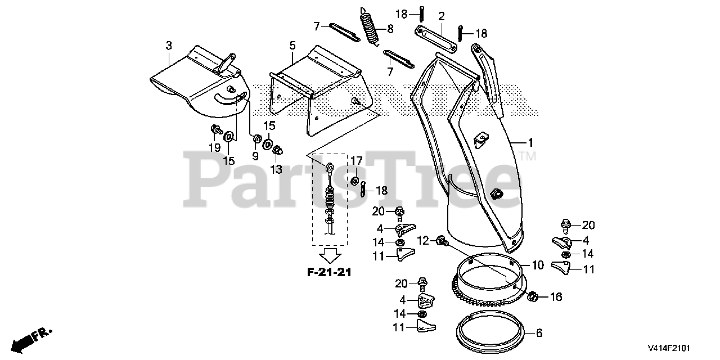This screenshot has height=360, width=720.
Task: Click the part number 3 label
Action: [169, 46]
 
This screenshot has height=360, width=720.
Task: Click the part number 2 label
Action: [442, 16]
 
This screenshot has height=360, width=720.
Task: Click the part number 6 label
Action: [539, 333]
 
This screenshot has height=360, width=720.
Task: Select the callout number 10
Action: [538, 265]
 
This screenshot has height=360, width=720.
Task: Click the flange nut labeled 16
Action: [533, 296]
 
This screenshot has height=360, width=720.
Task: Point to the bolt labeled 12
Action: [442, 242]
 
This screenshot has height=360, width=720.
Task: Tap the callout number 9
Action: [255, 156]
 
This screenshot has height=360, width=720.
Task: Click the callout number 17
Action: [357, 162]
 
